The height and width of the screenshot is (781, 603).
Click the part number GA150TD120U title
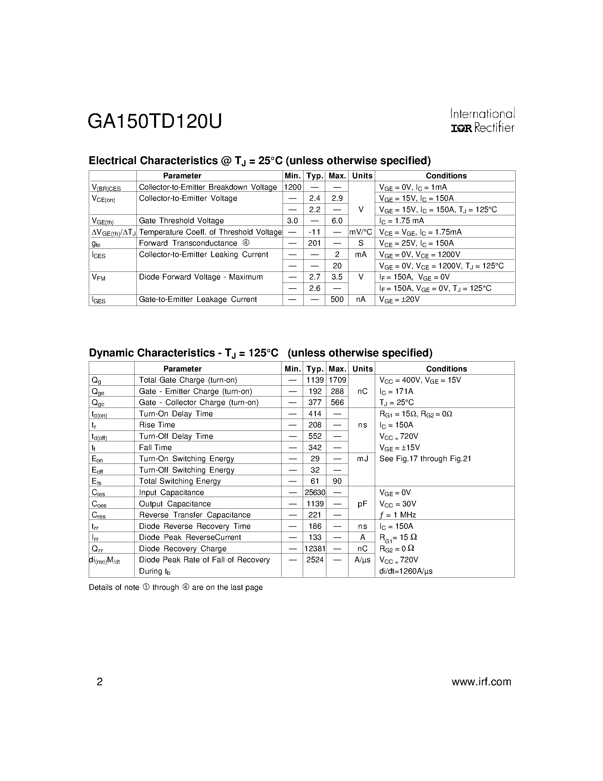pos(155,122)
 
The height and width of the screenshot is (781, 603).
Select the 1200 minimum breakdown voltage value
pos(293,187)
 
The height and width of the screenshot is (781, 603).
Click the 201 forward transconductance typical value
pos(314,243)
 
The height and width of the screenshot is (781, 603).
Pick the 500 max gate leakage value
pos(337,299)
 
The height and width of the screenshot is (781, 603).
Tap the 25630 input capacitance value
pos(315,492)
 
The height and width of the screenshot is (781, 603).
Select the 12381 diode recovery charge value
pos(315,549)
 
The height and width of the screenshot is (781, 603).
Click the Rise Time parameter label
pos(157,425)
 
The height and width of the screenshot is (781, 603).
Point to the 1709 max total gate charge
pos(337,380)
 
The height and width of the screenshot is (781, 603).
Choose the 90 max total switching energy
pos(337,481)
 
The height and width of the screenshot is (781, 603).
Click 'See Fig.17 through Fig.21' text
pos(425,458)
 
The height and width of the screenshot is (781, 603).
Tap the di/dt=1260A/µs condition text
pos(406,571)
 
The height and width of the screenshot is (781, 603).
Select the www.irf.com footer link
pos(481,682)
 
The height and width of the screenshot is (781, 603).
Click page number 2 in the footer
pos(100,682)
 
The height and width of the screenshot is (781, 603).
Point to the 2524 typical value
pos(315,560)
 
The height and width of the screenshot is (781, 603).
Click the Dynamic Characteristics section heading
pos(260,353)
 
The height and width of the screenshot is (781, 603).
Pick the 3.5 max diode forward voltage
pos(337,277)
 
